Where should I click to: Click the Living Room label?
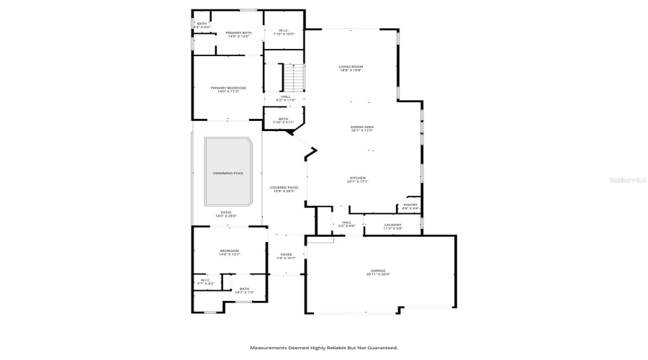351,68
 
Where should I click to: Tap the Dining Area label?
362,128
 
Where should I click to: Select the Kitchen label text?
358,179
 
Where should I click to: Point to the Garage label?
378,272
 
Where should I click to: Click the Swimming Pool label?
228,174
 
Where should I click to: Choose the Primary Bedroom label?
228,89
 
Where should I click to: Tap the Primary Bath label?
238,34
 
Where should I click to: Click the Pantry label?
410,206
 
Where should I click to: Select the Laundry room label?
392,226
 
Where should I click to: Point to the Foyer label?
287,256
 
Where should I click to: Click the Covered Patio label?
283,189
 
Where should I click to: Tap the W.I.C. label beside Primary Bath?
283,32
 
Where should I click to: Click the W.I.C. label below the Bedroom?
204,282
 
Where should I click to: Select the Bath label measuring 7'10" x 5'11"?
283,120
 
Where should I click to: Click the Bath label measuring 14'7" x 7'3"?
244,290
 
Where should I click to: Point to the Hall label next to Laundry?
346,224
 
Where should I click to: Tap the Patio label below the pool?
226,214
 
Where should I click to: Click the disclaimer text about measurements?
324,348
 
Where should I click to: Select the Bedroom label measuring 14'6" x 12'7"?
230,252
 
